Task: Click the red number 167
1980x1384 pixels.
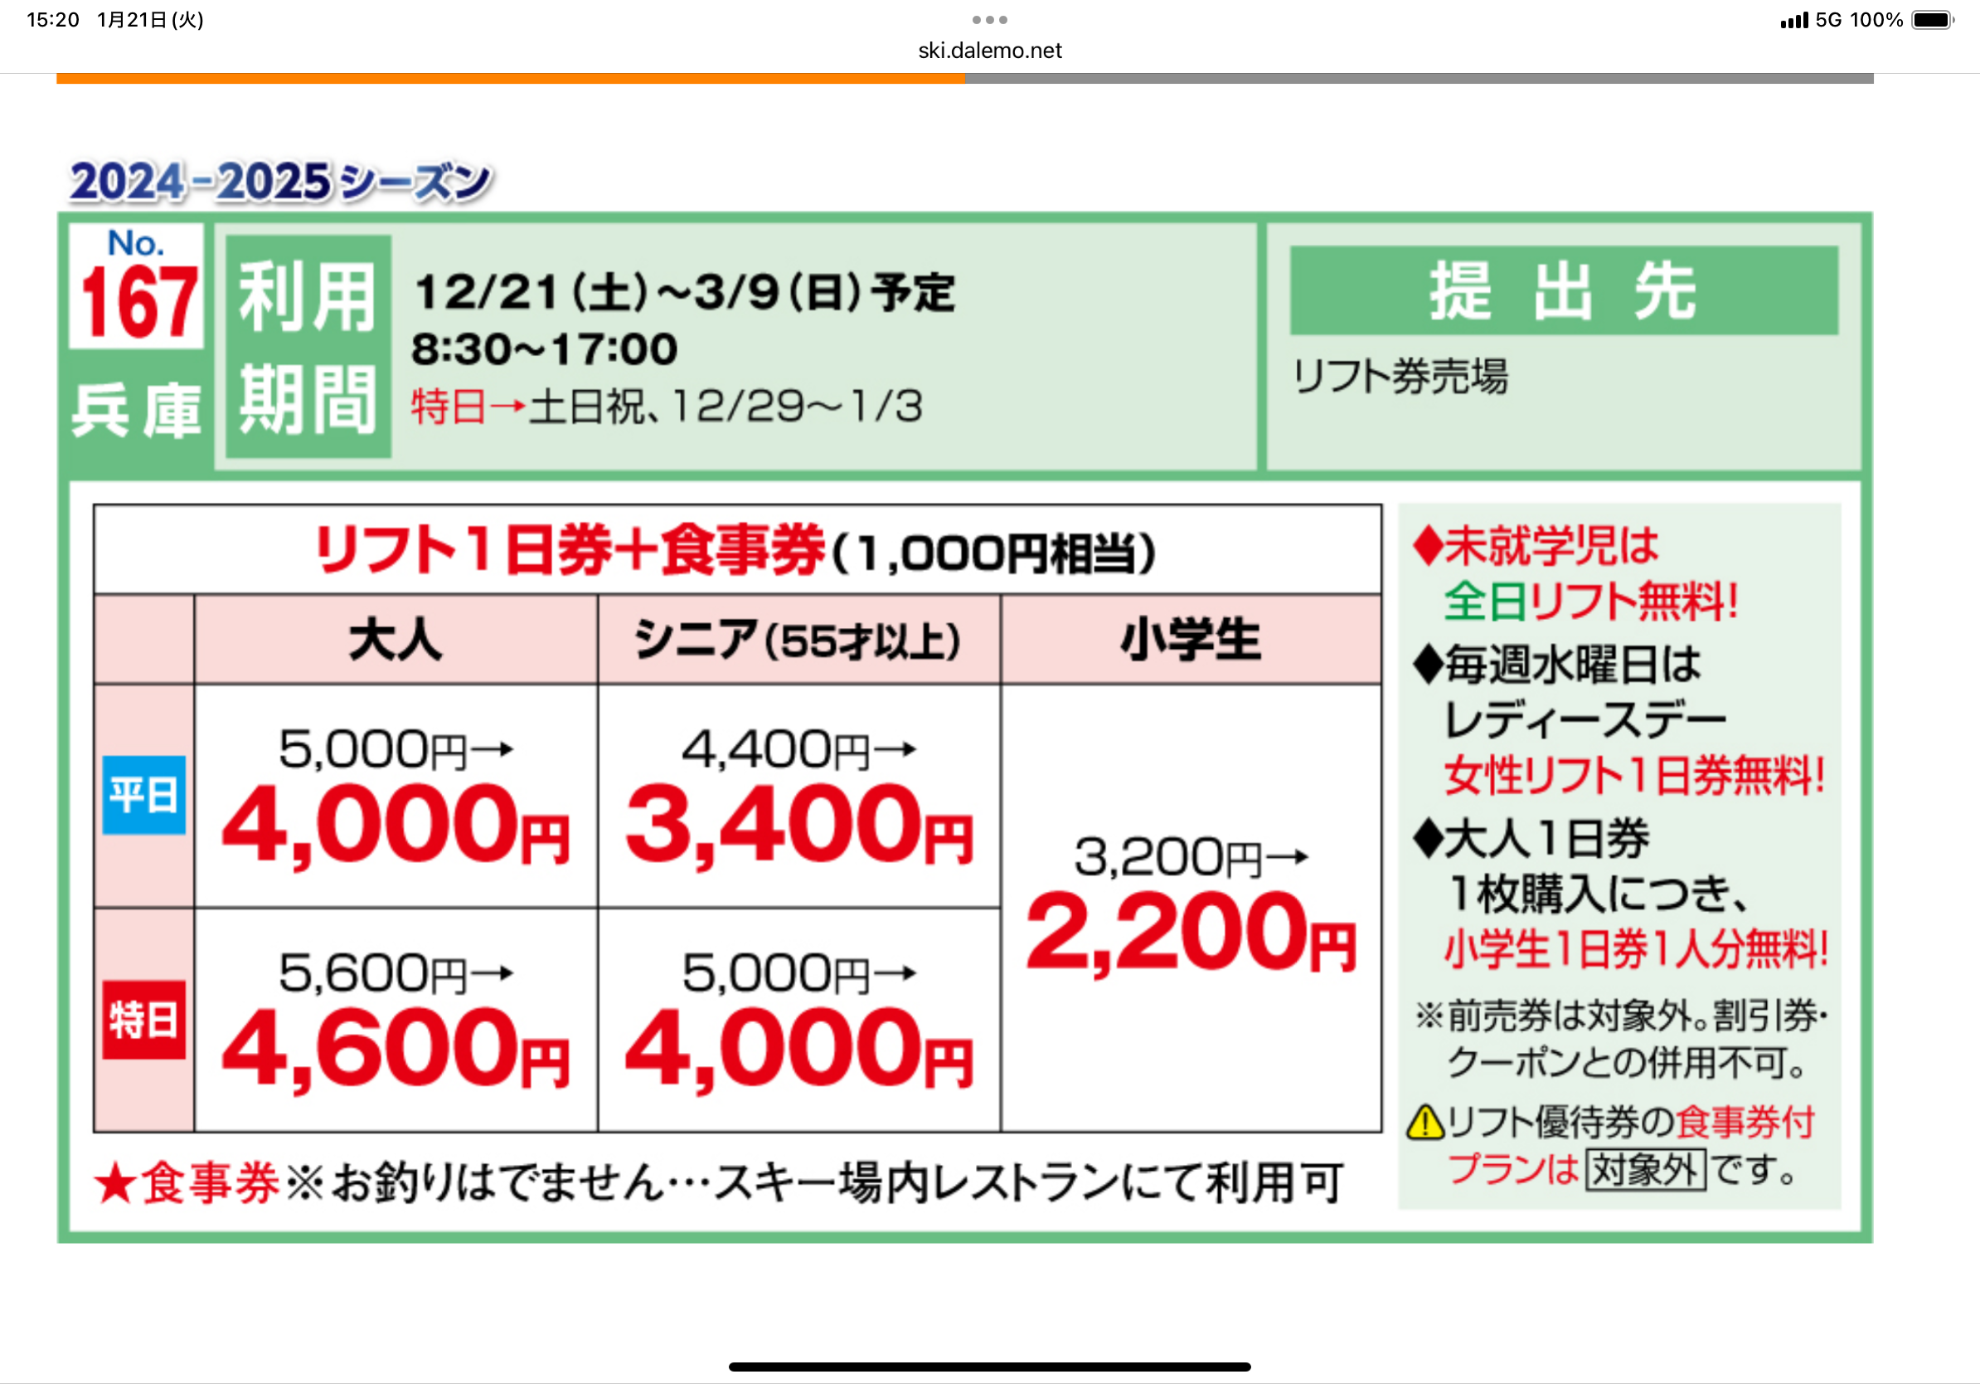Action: click(138, 302)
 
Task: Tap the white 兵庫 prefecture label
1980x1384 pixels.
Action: click(136, 411)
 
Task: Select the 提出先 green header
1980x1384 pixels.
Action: click(1564, 290)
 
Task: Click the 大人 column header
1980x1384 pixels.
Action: click(395, 641)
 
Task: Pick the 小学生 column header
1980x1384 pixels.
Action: click(1190, 641)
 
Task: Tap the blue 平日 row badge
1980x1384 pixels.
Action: click(144, 795)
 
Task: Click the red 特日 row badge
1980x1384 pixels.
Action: click(144, 1020)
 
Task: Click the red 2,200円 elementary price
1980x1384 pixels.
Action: click(1191, 933)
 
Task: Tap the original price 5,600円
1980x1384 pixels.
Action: click(372, 973)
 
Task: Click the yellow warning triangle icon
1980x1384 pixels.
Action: click(1425, 1122)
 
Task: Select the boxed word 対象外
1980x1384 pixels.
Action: click(1646, 1170)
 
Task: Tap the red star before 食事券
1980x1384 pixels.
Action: click(114, 1183)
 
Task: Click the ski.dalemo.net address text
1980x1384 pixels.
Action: click(990, 51)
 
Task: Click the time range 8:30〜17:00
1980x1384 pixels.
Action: click(544, 349)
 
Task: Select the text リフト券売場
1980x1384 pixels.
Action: click(1400, 377)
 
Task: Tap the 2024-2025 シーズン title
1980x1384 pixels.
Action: click(281, 182)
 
